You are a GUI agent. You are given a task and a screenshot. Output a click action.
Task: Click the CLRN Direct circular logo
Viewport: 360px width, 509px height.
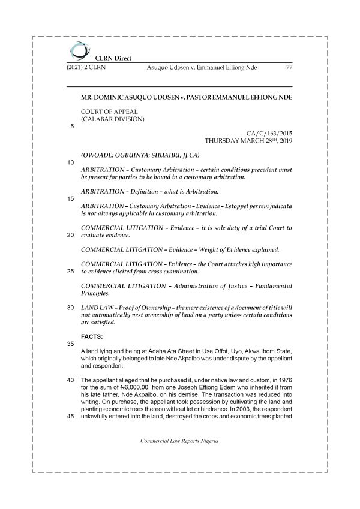77,50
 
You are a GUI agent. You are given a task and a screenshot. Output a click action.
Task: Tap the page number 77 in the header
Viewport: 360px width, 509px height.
289,67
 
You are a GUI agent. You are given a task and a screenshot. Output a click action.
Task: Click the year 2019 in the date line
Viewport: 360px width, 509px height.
283,141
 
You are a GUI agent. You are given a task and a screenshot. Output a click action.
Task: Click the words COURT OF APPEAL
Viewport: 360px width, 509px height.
109,112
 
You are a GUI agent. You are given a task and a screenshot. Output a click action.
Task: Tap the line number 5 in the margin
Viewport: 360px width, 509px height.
72,127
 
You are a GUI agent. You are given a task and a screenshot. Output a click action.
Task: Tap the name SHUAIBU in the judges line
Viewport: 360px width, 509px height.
176,154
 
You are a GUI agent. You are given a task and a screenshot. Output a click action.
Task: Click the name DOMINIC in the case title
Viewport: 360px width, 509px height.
117,97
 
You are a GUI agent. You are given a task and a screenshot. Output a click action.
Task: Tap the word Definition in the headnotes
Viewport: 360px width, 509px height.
149,191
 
